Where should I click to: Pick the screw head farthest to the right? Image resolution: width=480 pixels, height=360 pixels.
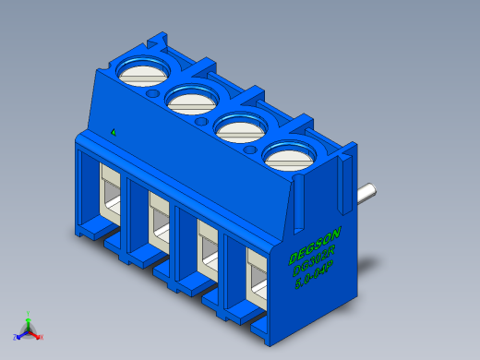(288, 157)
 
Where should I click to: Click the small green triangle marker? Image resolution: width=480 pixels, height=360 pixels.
(113, 132)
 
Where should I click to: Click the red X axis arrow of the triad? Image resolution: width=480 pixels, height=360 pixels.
(40, 336)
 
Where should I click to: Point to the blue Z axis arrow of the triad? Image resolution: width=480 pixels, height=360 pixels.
(18, 336)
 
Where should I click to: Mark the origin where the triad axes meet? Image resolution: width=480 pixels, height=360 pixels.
(29, 330)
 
